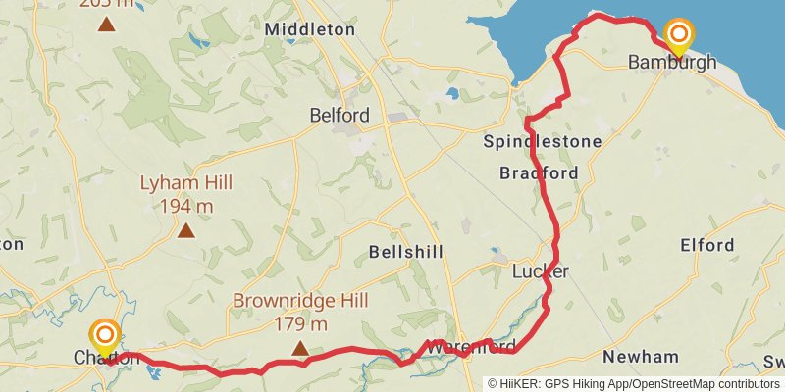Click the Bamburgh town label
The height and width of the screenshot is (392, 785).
[x=672, y=63]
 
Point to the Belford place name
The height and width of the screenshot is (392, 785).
[x=340, y=116]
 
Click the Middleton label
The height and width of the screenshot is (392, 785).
[x=309, y=29]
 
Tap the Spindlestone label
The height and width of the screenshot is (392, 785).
[x=543, y=142]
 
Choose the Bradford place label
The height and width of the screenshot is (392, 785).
[x=539, y=173]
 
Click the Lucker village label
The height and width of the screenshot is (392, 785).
[x=541, y=270]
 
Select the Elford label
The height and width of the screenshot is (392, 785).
[x=706, y=245]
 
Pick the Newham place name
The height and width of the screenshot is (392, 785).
[x=641, y=356]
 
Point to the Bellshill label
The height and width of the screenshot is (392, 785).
[x=399, y=252]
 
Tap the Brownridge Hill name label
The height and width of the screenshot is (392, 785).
[x=292, y=300]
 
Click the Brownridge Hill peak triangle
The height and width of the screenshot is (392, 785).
[x=300, y=348]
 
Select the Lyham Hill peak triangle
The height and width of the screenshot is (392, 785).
[x=184, y=231]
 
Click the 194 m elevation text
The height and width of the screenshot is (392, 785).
[x=184, y=206]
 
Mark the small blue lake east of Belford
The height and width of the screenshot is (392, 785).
[x=451, y=94]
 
